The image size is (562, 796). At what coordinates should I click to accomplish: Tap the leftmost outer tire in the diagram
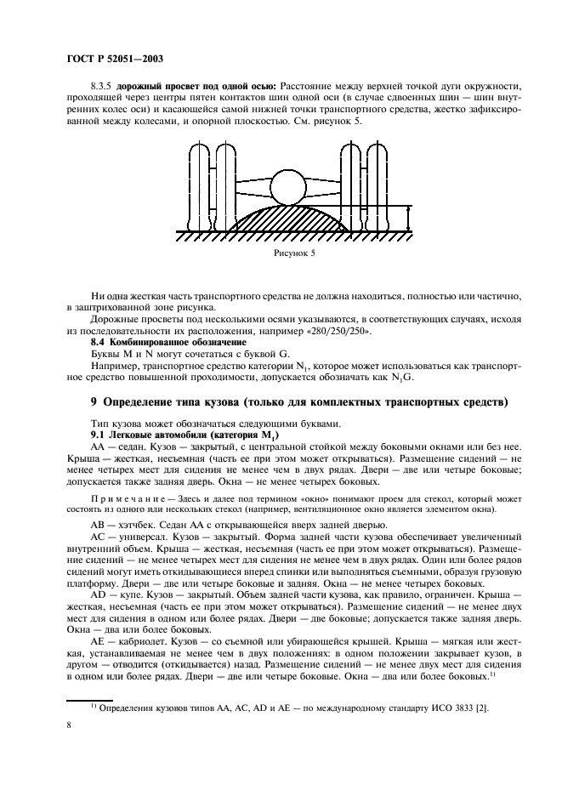click(197, 183)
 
